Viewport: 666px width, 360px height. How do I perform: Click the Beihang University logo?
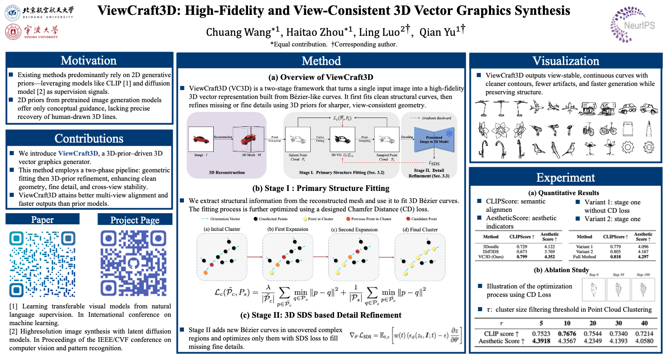[x=39, y=12]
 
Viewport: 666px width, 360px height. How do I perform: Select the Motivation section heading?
[x=89, y=61]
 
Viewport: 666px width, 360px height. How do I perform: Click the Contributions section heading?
[x=89, y=138]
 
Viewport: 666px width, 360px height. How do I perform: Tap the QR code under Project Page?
[x=135, y=263]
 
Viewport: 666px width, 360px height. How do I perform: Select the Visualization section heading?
[x=565, y=61]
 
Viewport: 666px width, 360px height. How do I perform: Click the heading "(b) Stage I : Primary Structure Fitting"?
[x=321, y=189]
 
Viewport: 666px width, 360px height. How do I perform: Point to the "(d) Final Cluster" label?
[x=419, y=229]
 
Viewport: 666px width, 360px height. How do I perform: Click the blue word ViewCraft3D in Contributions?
[x=78, y=153]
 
